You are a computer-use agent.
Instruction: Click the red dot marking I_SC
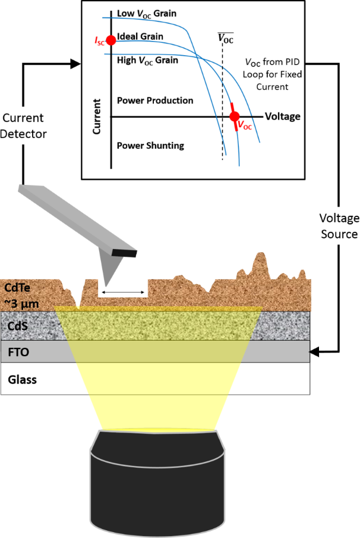pyautogui.click(x=110, y=40)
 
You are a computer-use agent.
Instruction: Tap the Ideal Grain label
pyautogui.click(x=140, y=37)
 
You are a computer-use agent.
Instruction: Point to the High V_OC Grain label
pyautogui.click(x=147, y=60)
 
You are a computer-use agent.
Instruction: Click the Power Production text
pyautogui.click(x=154, y=100)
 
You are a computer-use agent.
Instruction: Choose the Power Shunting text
pyautogui.click(x=150, y=145)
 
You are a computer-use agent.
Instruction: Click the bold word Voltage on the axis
pyautogui.click(x=283, y=116)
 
